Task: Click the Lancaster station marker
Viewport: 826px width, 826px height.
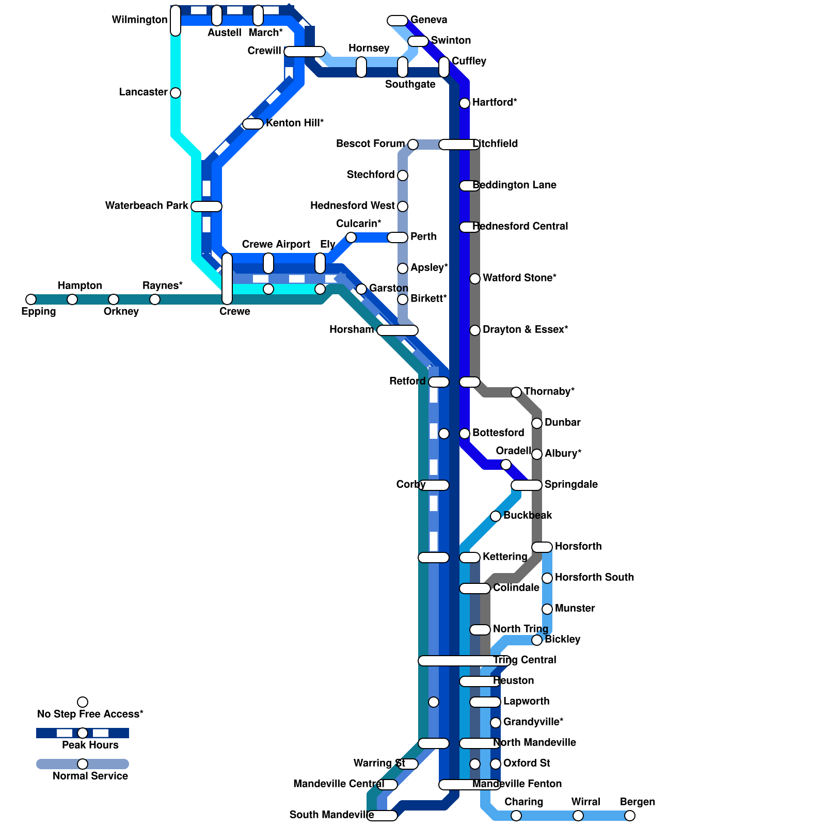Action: tap(176, 93)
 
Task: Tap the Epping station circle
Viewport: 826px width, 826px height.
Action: tap(31, 299)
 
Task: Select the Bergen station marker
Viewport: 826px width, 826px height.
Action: tap(630, 816)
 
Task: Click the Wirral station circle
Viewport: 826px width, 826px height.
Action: tap(578, 816)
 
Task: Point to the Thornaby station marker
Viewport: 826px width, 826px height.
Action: tap(516, 392)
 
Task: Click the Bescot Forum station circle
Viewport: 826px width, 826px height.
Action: tap(413, 145)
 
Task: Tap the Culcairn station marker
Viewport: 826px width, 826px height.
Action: tap(351, 237)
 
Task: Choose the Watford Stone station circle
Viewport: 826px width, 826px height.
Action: tap(475, 279)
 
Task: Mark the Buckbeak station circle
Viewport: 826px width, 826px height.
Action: tap(496, 516)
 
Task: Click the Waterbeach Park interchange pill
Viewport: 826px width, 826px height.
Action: tap(206, 206)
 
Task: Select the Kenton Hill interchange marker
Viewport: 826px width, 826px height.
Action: tap(253, 124)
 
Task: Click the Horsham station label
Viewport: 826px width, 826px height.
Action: tap(352, 329)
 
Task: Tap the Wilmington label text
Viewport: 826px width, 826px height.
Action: tap(139, 20)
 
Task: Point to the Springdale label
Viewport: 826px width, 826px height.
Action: tap(571, 484)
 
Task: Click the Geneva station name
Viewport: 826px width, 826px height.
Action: tap(428, 20)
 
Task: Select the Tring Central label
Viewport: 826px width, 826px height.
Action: tap(525, 660)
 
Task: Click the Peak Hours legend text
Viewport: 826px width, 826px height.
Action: tap(90, 745)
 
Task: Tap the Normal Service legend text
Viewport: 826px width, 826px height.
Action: tap(90, 776)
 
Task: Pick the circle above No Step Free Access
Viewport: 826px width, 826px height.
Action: tap(83, 702)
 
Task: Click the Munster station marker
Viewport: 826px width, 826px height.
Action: tap(547, 609)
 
